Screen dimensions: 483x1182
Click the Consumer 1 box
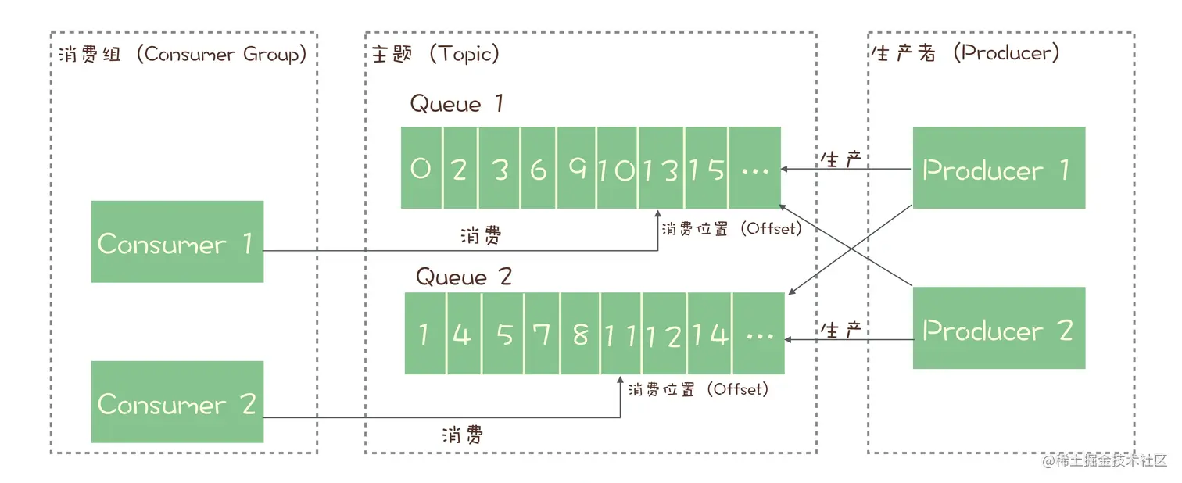click(177, 241)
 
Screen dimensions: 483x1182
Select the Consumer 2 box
click(177, 402)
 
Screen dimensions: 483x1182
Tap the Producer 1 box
click(998, 168)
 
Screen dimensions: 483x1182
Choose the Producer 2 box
click(998, 328)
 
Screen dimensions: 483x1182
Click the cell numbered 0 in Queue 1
click(421, 168)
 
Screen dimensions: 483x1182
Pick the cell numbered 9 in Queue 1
click(577, 168)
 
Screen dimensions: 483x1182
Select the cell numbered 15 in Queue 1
click(707, 168)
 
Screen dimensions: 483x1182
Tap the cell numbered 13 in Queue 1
click(661, 168)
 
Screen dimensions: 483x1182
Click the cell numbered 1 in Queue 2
click(424, 334)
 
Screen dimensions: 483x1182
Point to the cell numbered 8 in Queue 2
click(580, 334)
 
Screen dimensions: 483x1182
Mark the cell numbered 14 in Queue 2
click(709, 334)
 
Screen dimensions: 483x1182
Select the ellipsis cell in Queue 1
click(755, 168)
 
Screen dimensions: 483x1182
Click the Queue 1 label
click(457, 104)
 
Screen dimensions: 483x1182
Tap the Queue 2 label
click(463, 277)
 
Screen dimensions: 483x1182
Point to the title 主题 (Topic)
click(435, 54)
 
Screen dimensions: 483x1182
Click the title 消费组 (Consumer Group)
click(182, 54)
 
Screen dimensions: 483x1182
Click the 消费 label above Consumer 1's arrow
click(480, 234)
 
